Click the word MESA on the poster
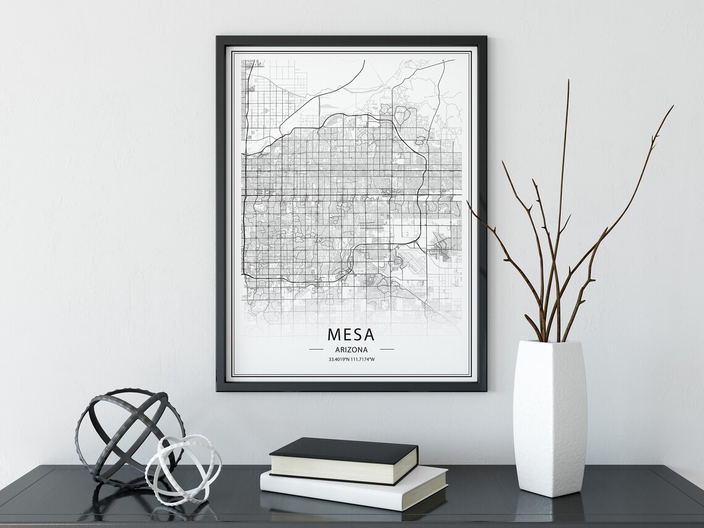tap(351, 335)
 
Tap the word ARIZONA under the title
tap(351, 350)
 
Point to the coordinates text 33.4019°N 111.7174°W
tap(351, 359)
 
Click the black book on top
tap(343, 452)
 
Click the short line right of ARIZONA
tap(387, 350)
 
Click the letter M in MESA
tap(334, 335)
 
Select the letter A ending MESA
tap(369, 335)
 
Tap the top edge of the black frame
tap(351, 38)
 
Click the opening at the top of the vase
tap(549, 343)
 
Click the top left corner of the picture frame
tap(218, 38)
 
